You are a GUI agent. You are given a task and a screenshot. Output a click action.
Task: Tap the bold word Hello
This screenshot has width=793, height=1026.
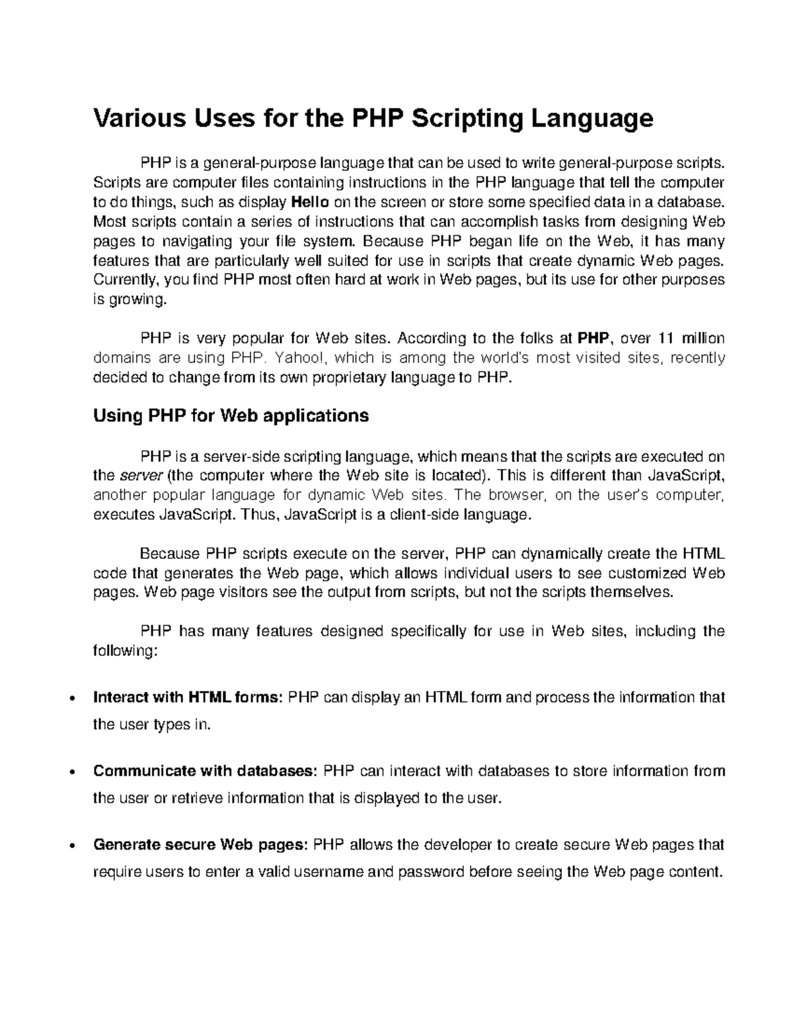point(310,202)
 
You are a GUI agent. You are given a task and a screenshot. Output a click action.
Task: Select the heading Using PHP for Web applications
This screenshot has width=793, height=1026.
point(231,416)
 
